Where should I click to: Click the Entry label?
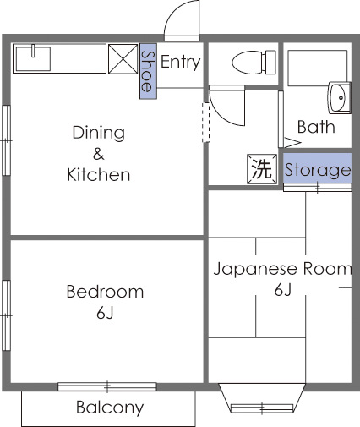180,62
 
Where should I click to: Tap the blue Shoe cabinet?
148,70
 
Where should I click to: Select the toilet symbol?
250,62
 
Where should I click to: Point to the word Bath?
316,128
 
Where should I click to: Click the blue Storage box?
317,170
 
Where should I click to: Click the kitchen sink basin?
32,59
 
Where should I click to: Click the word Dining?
98,133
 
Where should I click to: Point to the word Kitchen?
98,176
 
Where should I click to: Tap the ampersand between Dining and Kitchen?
98,154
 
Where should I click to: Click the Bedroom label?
105,292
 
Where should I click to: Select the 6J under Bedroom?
105,314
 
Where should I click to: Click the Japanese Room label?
281,270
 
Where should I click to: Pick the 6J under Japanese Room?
282,292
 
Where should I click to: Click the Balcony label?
110,408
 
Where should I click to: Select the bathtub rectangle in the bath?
317,68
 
